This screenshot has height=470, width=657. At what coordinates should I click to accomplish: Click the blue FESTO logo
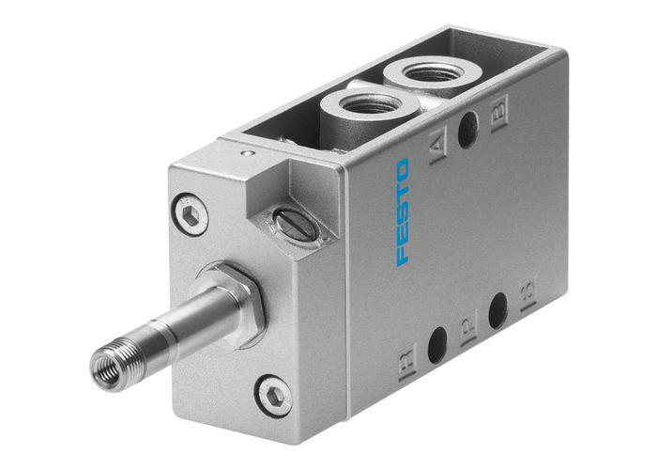click(403, 211)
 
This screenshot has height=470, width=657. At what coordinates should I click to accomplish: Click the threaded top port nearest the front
click(360, 106)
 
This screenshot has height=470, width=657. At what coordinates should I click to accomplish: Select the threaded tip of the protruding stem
click(109, 358)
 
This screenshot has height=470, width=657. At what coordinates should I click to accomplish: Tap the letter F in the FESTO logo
click(404, 256)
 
